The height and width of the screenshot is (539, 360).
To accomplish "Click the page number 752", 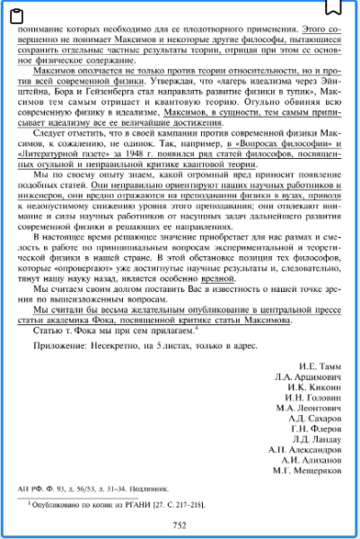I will [180, 526].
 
